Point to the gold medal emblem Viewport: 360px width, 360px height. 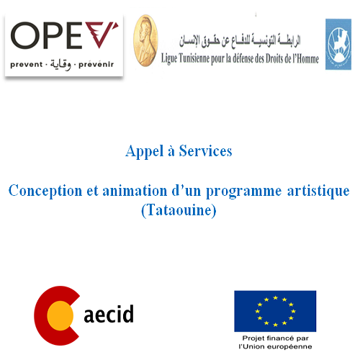point(146,40)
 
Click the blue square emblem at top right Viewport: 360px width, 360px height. point(338,45)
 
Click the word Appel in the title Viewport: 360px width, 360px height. point(141,151)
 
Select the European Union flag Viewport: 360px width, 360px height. point(275,310)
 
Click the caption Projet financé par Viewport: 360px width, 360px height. point(274,338)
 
